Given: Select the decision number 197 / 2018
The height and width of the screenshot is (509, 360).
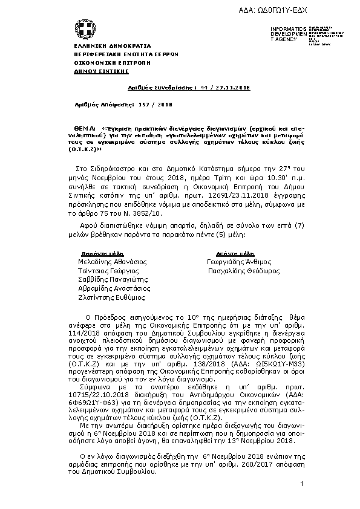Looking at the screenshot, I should click(157, 105).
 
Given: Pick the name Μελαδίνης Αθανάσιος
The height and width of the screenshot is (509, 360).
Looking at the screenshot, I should click(110, 262).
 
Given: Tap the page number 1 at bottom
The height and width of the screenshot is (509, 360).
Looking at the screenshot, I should click(301, 485).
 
